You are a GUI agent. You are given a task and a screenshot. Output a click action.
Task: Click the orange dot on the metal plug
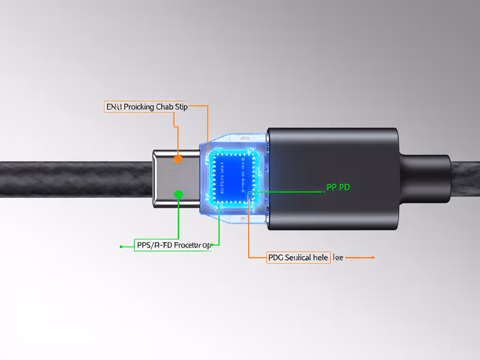(x=178, y=159)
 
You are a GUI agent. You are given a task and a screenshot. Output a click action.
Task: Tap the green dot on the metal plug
(x=178, y=194)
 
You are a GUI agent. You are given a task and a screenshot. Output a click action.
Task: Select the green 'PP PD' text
(x=338, y=187)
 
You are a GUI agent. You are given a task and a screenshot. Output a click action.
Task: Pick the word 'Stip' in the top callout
(x=181, y=107)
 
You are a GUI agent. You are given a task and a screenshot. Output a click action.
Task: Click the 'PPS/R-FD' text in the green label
(x=152, y=245)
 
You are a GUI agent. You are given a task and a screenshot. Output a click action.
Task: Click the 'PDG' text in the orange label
(x=276, y=257)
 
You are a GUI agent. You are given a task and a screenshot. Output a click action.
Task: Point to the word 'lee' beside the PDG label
(x=338, y=257)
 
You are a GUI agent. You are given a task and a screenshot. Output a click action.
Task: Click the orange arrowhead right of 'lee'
(x=372, y=257)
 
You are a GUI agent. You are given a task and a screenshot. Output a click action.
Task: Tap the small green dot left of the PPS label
(x=121, y=246)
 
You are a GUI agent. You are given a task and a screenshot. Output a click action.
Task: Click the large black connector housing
(x=333, y=178)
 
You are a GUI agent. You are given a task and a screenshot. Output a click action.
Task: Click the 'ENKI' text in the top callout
(x=113, y=107)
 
